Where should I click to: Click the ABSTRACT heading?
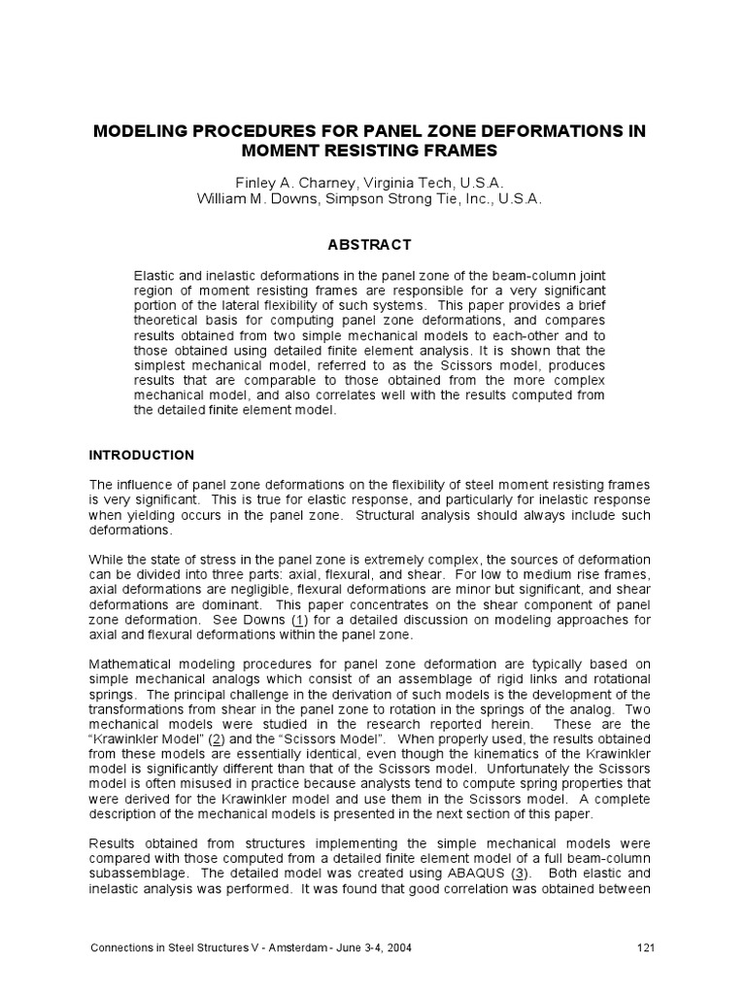coord(374,245)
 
